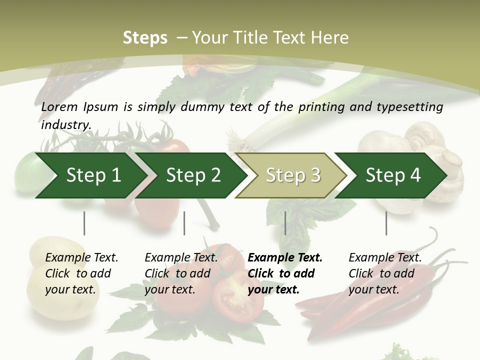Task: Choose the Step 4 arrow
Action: [393, 175]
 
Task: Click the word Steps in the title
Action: [145, 37]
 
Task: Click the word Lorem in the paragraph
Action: [59, 106]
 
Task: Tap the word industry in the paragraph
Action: [65, 125]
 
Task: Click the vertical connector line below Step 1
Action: [84, 223]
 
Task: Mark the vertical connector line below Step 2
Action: [184, 223]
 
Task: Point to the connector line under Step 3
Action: [285, 223]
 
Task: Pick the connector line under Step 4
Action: [386, 223]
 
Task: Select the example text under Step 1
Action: [81, 273]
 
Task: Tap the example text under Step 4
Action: [385, 273]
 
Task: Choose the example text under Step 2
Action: [181, 273]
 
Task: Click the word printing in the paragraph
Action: [320, 106]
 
